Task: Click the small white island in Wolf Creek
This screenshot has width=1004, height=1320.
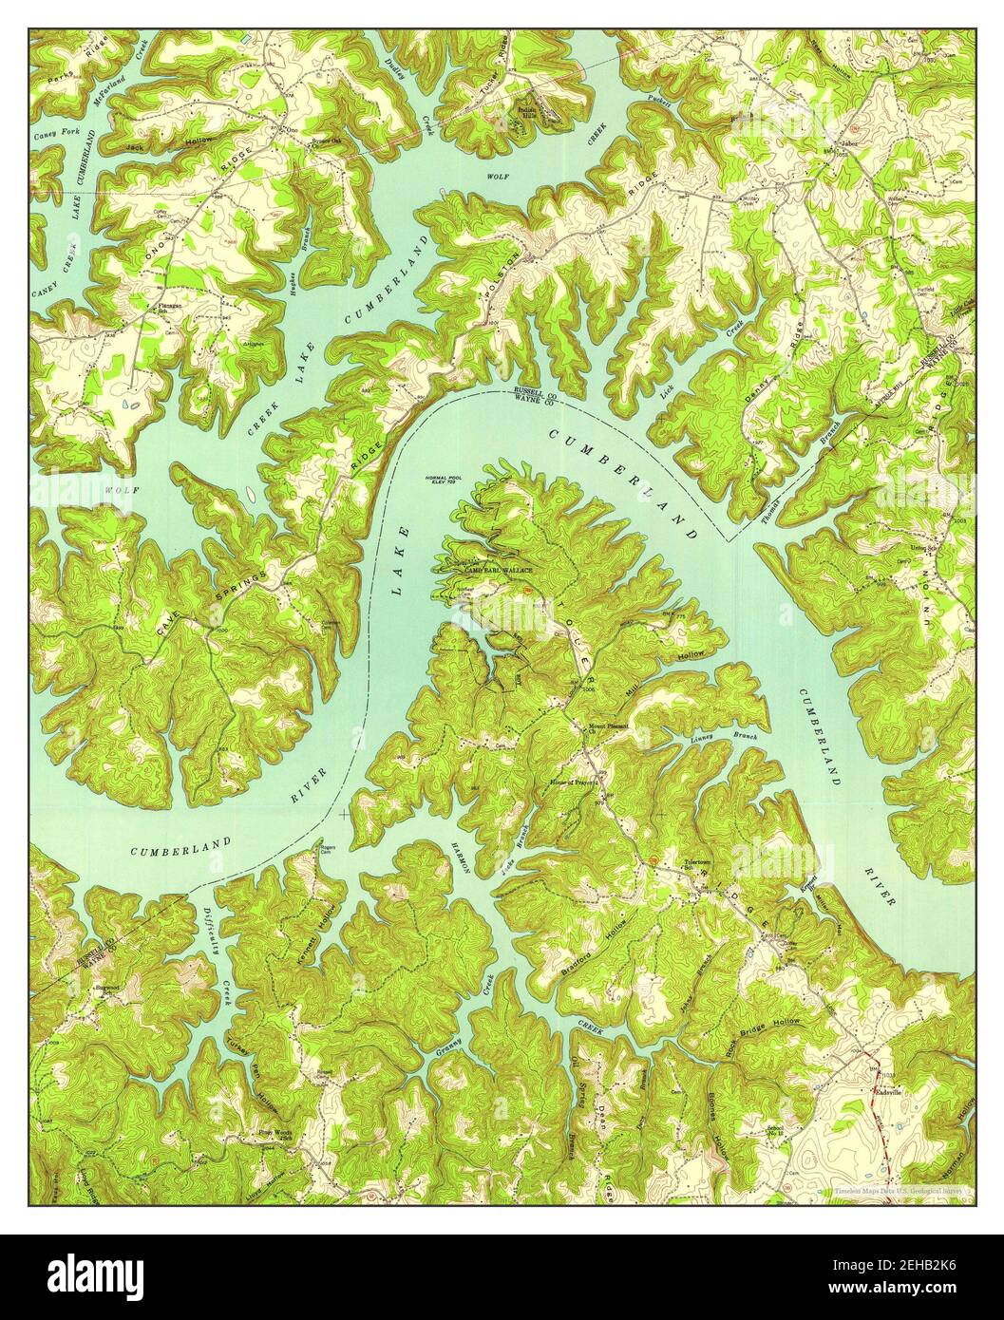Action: [x=248, y=494]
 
